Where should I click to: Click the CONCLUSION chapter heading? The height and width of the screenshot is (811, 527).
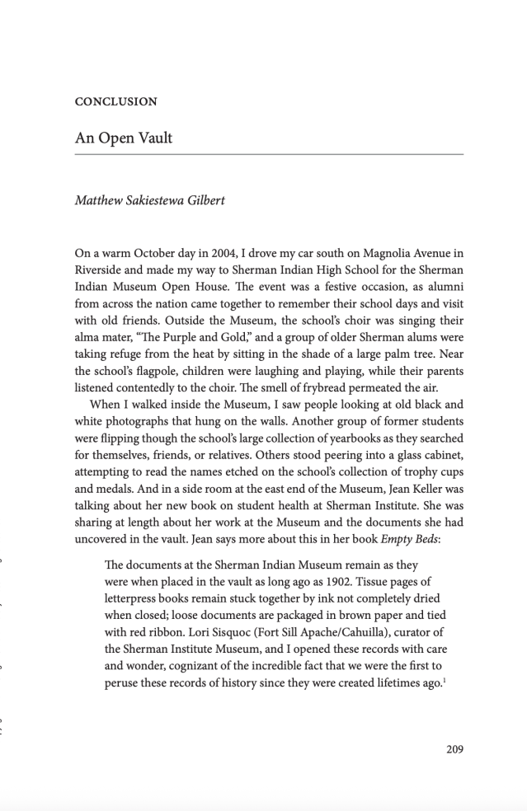pos(115,101)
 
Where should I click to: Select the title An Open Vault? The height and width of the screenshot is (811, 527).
pos(124,138)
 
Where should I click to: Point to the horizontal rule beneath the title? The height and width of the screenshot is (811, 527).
pos(269,155)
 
